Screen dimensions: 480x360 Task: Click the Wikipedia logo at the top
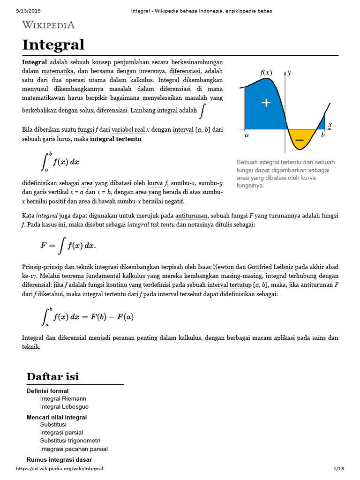[x=48, y=25]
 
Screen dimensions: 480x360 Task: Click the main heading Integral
[x=53, y=45]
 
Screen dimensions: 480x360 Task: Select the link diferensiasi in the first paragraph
[x=185, y=71]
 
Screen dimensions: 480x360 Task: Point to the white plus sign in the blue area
[x=266, y=103]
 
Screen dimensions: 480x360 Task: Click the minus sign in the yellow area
[x=300, y=140]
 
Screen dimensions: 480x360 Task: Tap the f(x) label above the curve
[x=266, y=73]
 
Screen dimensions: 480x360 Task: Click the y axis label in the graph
[x=290, y=73]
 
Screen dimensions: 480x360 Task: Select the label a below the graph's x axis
[x=247, y=135]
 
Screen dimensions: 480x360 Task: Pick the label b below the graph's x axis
[x=322, y=135]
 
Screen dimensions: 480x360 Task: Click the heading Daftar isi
[x=53, y=376]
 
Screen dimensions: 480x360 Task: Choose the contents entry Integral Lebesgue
[x=64, y=406]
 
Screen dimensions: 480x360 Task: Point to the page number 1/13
[x=338, y=469]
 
